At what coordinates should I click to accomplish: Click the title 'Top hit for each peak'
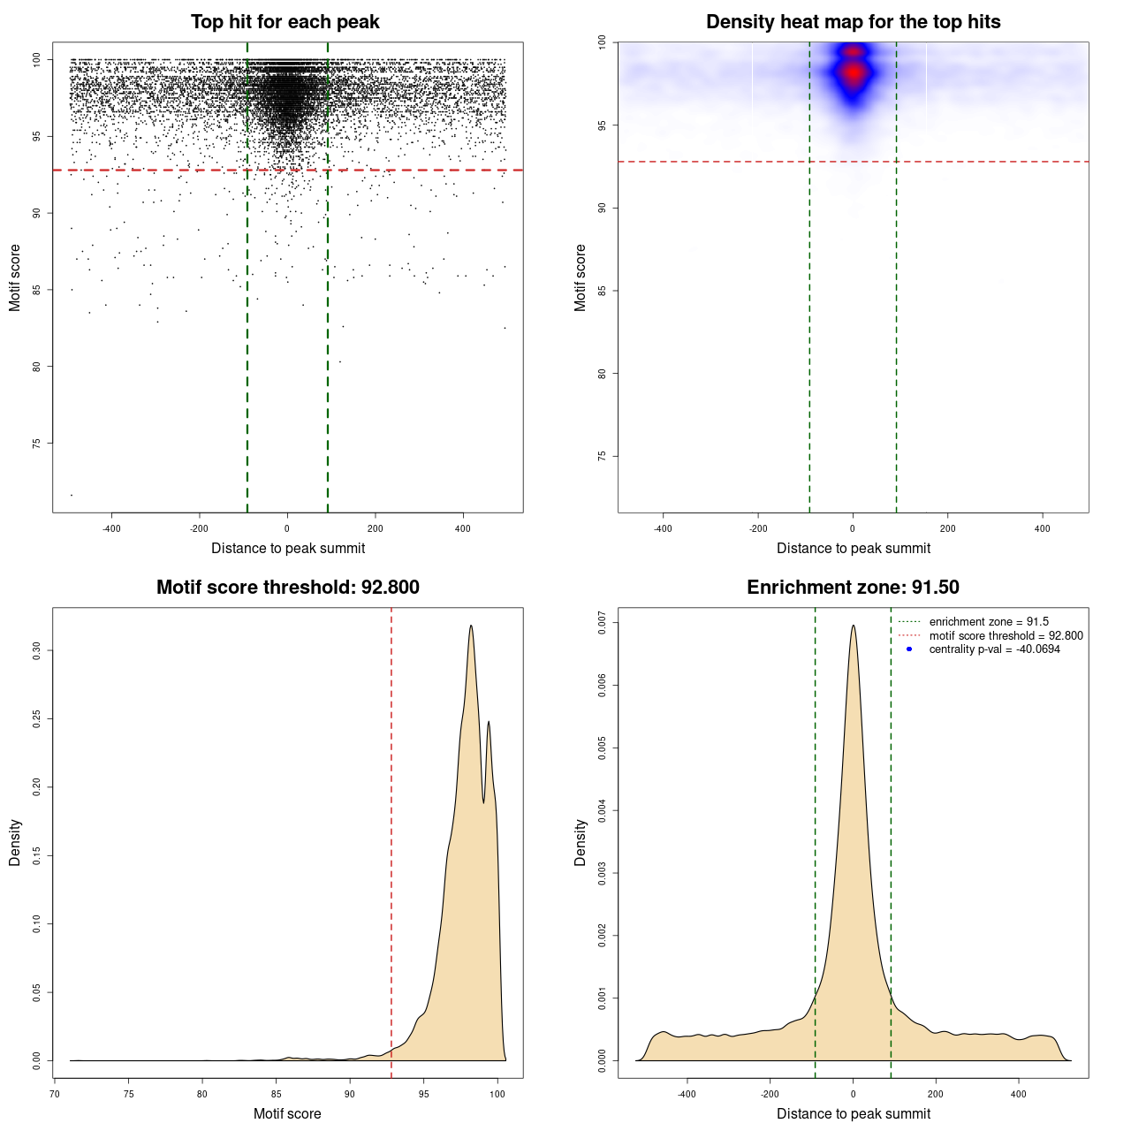coord(285,22)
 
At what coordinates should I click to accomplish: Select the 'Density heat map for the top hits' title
coord(853,22)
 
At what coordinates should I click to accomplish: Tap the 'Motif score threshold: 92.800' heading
coord(287,588)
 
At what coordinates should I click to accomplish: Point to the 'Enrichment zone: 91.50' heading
coord(853,588)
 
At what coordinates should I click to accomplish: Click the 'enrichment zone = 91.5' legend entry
coord(989,622)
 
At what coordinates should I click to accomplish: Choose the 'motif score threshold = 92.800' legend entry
coord(1006,636)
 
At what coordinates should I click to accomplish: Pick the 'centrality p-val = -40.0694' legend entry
coord(994,649)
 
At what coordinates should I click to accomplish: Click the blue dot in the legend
coord(909,649)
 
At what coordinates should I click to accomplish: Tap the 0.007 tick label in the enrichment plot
coord(603,623)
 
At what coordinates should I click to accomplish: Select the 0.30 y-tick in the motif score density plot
coord(37,651)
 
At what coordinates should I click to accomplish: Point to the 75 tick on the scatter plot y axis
coord(37,443)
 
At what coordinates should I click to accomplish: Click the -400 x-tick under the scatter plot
coord(111,528)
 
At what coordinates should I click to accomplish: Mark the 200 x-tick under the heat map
coord(947,528)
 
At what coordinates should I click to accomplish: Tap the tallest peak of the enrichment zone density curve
coord(853,626)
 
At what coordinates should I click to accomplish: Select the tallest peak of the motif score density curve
coord(471,626)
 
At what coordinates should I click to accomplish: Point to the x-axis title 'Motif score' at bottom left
coord(287,1113)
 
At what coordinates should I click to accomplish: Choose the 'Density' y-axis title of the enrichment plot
coord(581,842)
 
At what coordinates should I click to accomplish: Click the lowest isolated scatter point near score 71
coord(72,495)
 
